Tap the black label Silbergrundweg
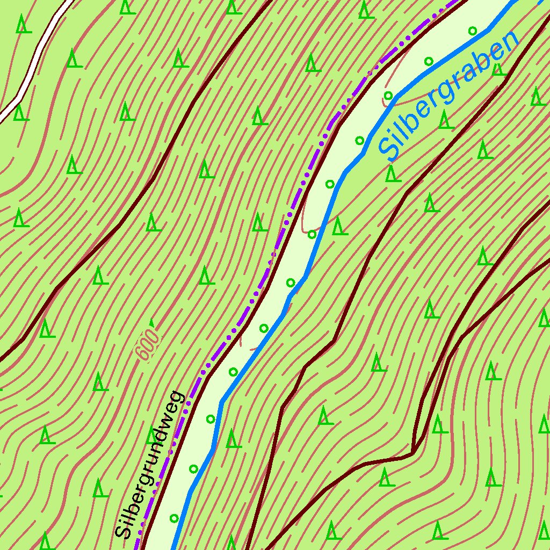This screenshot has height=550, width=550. coord(150,465)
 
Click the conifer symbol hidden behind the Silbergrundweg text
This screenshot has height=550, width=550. coord(153,436)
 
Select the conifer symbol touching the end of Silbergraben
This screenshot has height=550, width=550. coord(498,68)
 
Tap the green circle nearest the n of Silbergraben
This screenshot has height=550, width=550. coord(473,31)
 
